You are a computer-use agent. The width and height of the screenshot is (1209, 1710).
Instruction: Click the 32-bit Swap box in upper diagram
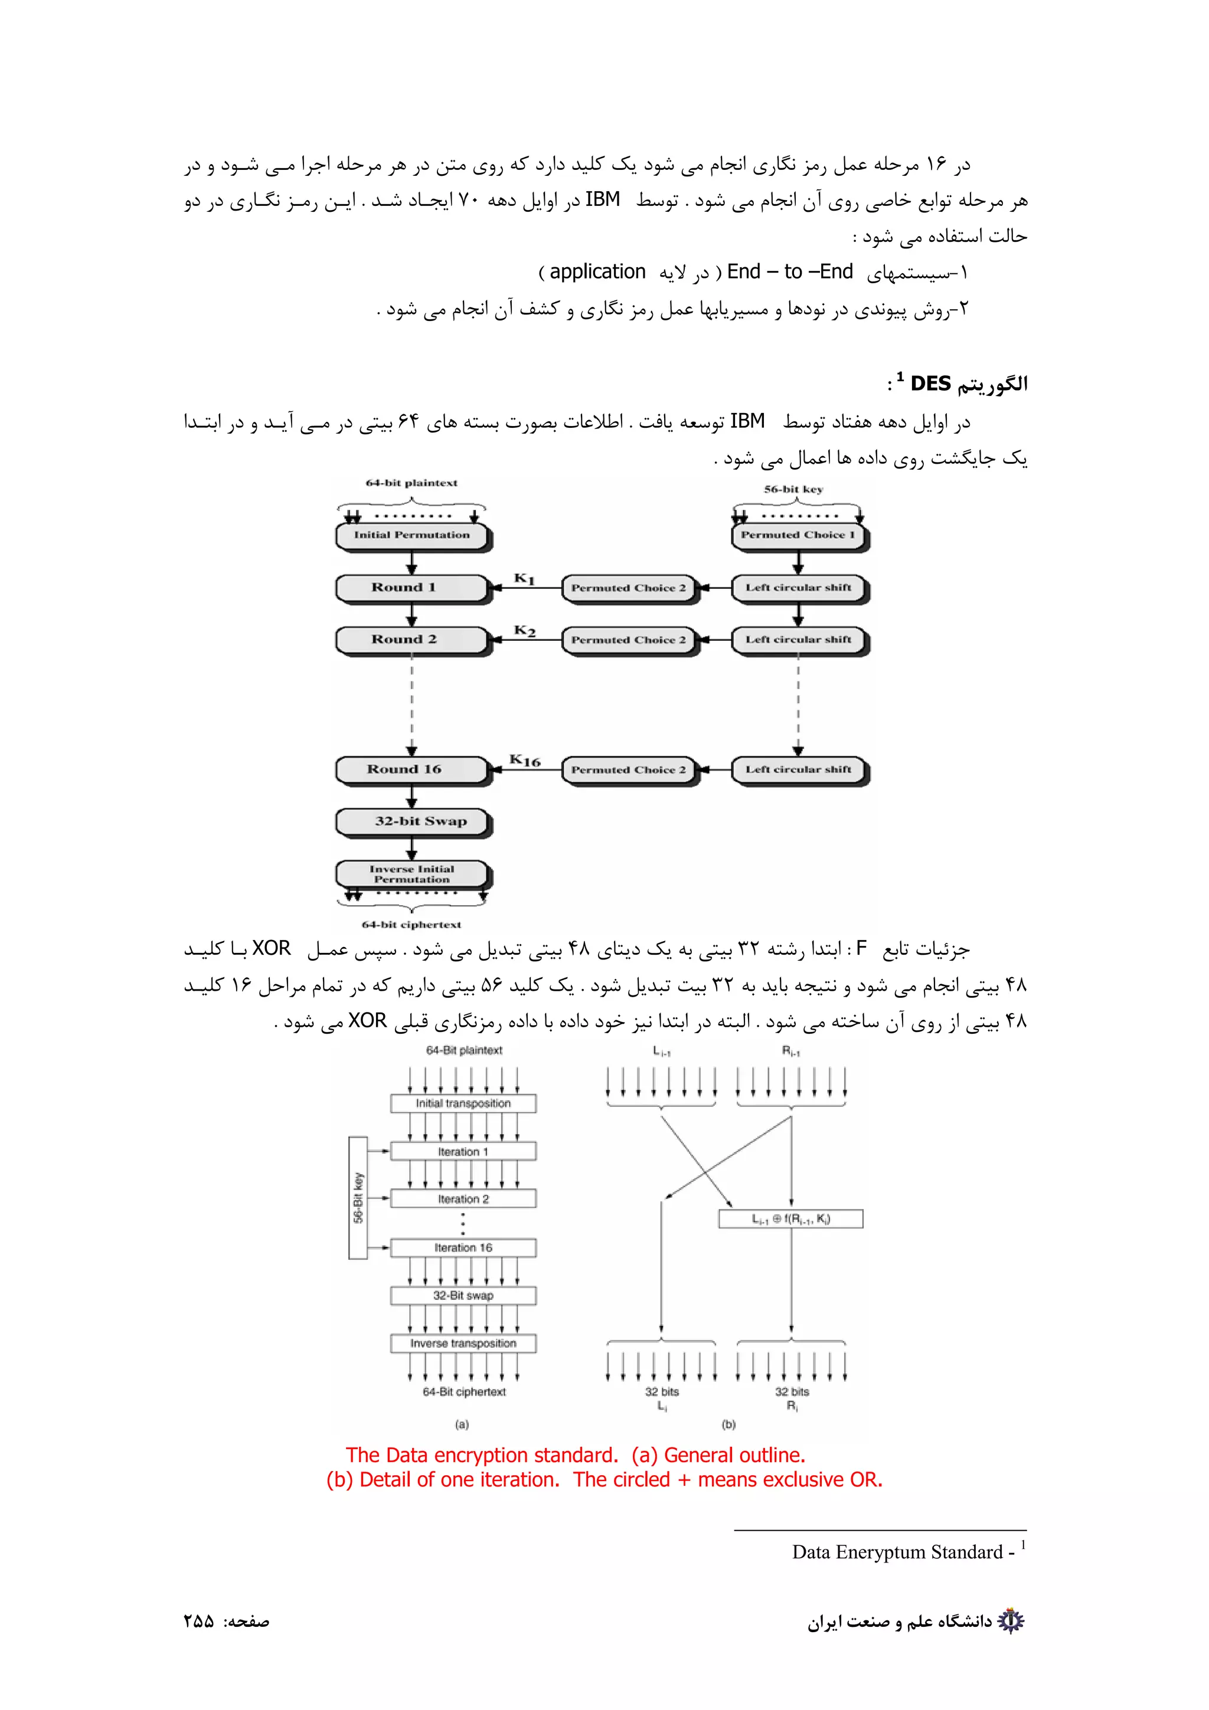coord(412,821)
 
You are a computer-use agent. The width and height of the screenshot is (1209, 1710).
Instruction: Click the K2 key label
coord(524,631)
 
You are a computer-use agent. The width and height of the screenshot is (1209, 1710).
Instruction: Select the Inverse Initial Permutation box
coord(412,874)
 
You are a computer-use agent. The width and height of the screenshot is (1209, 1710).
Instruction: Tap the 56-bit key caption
coord(793,489)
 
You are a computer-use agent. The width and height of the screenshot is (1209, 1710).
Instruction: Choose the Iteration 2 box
coord(463,1199)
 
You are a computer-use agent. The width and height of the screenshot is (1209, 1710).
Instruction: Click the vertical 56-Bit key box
coord(358,1198)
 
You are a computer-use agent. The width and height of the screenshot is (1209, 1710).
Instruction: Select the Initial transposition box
coord(463,1103)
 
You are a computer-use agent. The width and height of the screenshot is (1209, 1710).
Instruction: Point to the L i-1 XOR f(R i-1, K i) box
coord(790,1219)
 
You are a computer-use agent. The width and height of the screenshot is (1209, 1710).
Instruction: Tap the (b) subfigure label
coord(728,1424)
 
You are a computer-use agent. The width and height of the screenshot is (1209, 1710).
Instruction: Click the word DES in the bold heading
coord(930,384)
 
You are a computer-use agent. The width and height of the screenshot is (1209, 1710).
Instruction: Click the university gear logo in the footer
coord(1011,1621)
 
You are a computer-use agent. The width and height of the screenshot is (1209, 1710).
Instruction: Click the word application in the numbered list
coord(597,272)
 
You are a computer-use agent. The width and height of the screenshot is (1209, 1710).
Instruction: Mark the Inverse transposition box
coord(463,1344)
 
